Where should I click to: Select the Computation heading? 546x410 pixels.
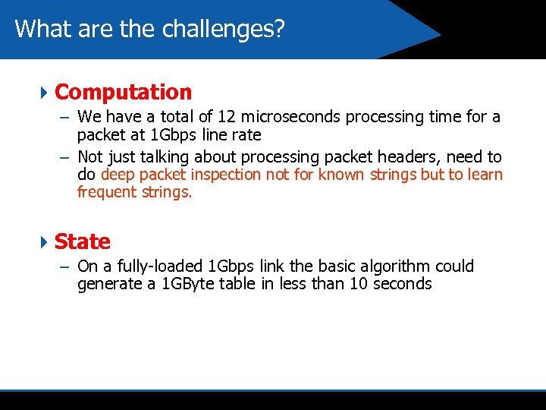click(124, 93)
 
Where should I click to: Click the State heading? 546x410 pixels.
click(83, 242)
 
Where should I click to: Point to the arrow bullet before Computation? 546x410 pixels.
click(43, 93)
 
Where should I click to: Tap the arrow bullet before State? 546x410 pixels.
click(43, 242)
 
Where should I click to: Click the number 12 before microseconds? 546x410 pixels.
click(226, 117)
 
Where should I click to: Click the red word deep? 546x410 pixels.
click(118, 175)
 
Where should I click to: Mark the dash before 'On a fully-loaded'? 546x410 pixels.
click(63, 267)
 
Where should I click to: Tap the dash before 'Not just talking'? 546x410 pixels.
click(63, 158)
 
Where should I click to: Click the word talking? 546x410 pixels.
click(165, 157)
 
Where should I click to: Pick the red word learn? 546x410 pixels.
click(485, 175)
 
